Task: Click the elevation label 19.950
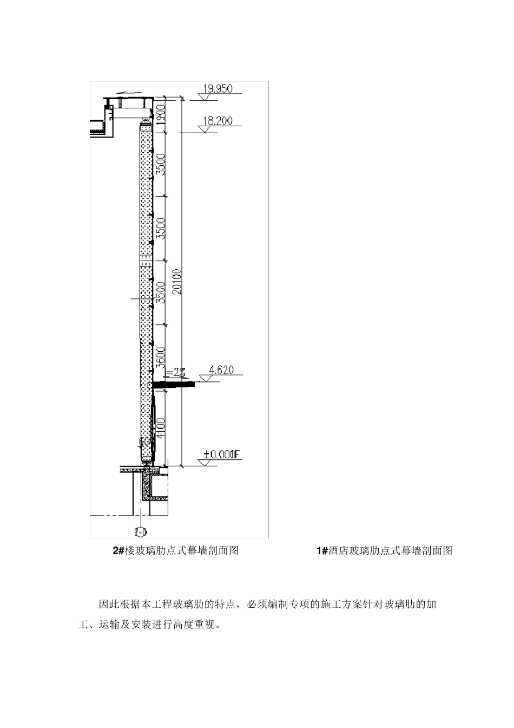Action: click(217, 89)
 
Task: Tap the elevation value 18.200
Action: click(218, 121)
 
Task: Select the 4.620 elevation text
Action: click(221, 370)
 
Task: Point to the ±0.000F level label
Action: click(219, 456)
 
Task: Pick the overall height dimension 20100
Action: click(177, 282)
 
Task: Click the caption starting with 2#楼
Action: click(175, 550)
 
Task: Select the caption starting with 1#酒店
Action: click(384, 550)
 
